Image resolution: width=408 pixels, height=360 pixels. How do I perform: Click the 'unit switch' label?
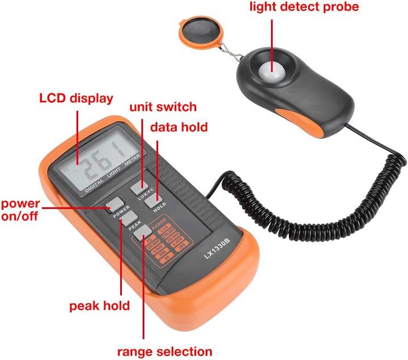[x=163, y=107]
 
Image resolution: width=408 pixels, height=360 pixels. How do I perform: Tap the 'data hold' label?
[x=178, y=127]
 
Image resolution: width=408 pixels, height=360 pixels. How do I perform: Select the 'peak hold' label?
[x=100, y=306]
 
